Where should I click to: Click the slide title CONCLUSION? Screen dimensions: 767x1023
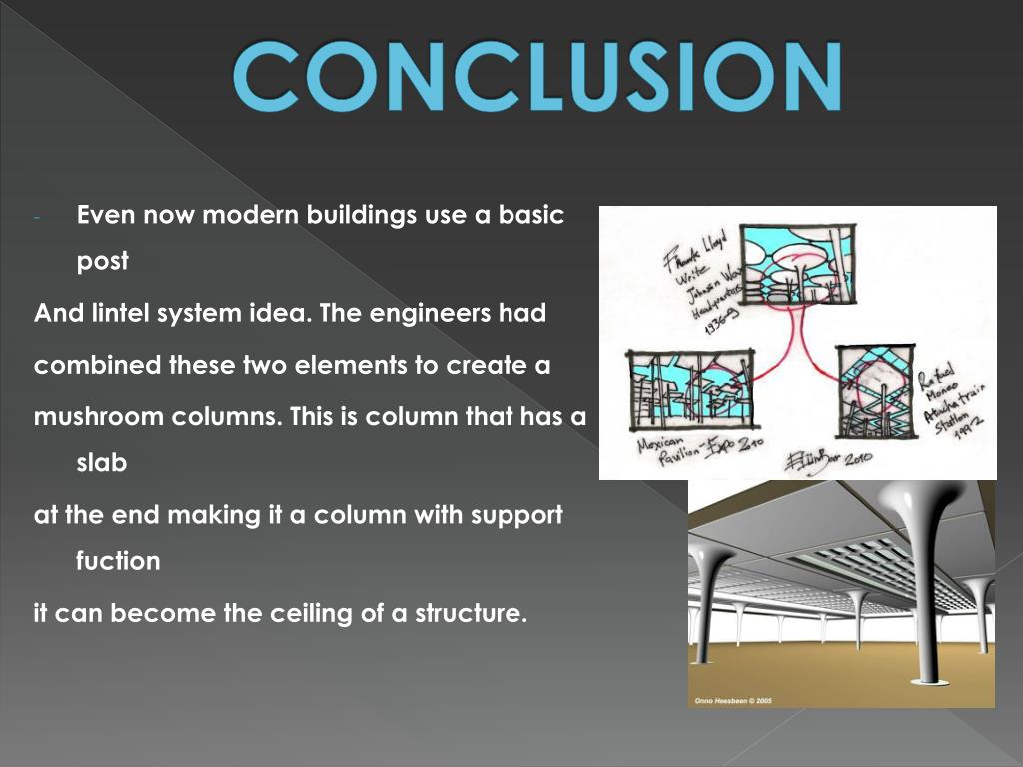point(536,76)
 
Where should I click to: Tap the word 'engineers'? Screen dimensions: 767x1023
point(433,313)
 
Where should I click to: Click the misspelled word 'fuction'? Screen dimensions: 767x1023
point(118,561)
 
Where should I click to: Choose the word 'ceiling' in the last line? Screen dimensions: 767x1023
point(313,613)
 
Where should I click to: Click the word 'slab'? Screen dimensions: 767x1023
point(101,463)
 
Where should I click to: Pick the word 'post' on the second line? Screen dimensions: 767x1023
point(103,262)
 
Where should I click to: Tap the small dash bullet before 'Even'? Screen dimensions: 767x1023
point(37,217)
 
